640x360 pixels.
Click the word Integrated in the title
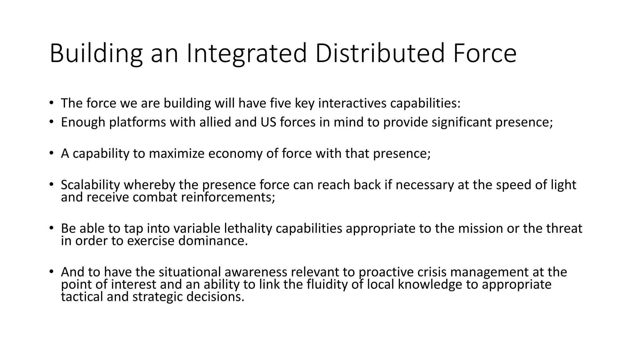[x=247, y=54]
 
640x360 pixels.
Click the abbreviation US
[x=268, y=122]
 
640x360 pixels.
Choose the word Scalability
[x=90, y=185]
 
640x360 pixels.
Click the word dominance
[x=213, y=241]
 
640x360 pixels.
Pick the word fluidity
[x=326, y=284]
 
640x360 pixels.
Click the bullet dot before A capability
[x=51, y=153]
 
